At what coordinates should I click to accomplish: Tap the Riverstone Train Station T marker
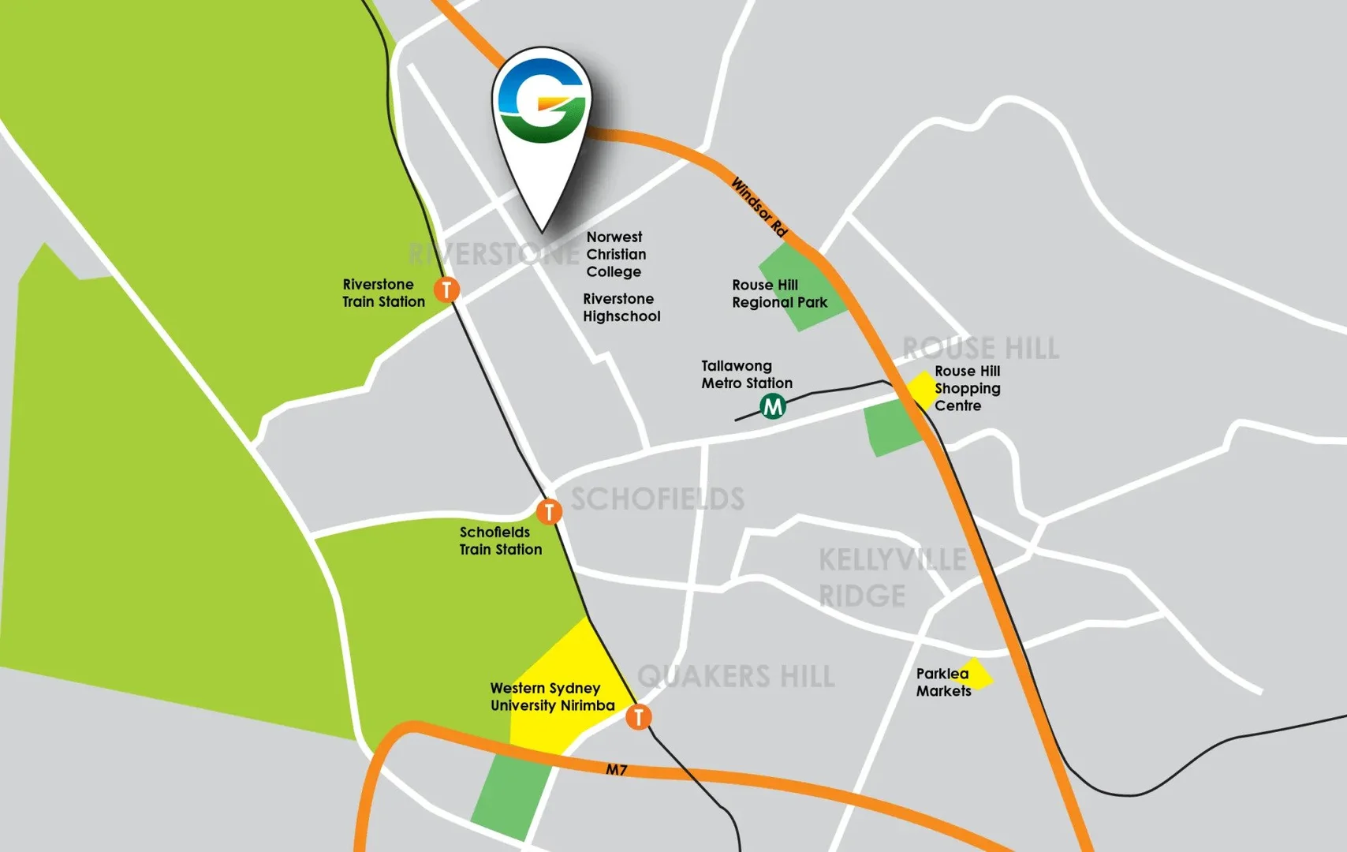pyautogui.click(x=447, y=290)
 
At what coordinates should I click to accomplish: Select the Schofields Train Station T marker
pyautogui.click(x=549, y=512)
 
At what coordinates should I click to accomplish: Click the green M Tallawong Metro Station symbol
pyautogui.click(x=773, y=407)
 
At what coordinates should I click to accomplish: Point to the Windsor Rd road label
pyautogui.click(x=759, y=207)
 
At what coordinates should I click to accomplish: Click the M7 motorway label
pyautogui.click(x=617, y=769)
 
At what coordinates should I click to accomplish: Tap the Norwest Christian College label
pyautogui.click(x=616, y=254)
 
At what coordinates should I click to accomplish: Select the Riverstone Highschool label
pyautogui.click(x=621, y=308)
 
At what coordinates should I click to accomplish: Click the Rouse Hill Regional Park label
pyautogui.click(x=779, y=293)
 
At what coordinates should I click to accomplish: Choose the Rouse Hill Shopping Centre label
pyautogui.click(x=967, y=388)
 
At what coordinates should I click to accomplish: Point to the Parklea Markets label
pyautogui.click(x=943, y=682)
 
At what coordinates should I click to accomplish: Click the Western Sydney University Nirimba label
pyautogui.click(x=552, y=697)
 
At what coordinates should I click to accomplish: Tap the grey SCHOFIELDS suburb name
pyautogui.click(x=657, y=499)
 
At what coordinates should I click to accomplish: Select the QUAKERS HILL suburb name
pyautogui.click(x=735, y=676)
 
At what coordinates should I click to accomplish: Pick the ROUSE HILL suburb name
pyautogui.click(x=980, y=348)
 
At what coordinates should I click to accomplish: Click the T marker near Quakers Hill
pyautogui.click(x=639, y=717)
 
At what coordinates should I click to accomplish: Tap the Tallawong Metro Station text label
pyautogui.click(x=746, y=375)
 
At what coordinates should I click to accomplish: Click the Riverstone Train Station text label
pyautogui.click(x=383, y=293)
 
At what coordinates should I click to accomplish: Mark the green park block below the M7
pyautogui.click(x=512, y=795)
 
